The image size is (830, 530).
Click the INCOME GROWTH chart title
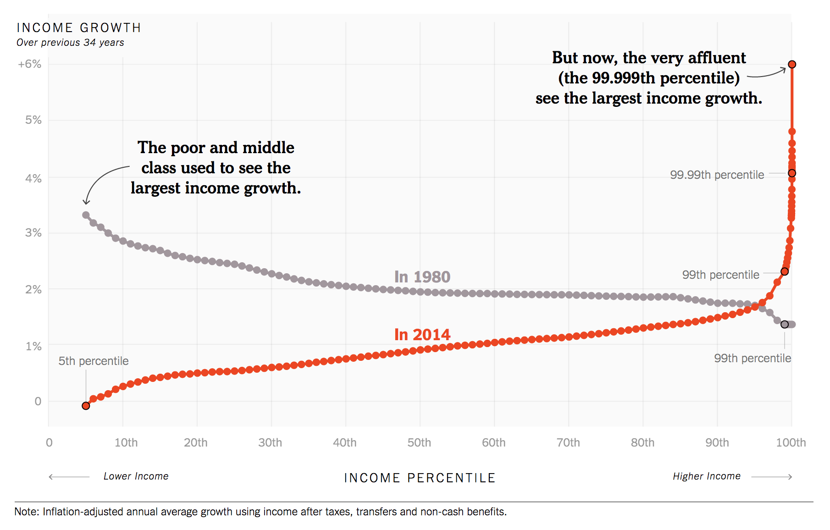coord(78,28)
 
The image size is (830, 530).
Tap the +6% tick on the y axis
coord(30,64)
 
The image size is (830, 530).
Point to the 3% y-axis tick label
coord(33,233)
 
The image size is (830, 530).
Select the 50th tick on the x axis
coord(419,442)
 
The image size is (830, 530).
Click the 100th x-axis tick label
coord(791,442)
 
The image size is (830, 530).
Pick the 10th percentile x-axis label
coord(126,442)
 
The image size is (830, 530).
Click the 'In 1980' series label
coord(422,277)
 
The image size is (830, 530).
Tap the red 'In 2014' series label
coord(422,335)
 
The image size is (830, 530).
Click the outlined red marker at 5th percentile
coord(86,406)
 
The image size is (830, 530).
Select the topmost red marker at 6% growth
coord(792,64)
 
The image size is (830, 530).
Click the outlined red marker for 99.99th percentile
coord(792,173)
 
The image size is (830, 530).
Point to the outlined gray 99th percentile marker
coord(785,325)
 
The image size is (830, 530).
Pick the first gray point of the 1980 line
coord(86,215)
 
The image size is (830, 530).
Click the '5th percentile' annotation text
coord(94,361)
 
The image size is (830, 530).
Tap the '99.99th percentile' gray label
coord(717,175)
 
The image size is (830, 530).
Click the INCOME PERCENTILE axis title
coord(420,478)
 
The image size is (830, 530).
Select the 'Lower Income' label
coord(136,476)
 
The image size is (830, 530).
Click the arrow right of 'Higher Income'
coord(772,477)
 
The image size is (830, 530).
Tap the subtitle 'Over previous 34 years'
coord(70,43)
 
